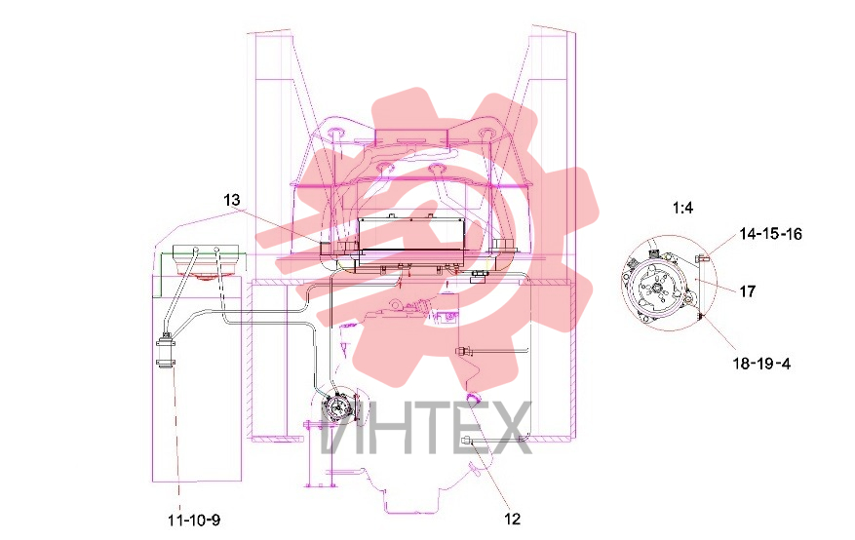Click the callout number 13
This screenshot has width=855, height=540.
232,200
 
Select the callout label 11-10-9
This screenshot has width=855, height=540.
194,521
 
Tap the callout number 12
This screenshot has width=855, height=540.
513,519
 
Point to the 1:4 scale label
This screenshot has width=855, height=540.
682,208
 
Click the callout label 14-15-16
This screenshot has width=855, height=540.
771,234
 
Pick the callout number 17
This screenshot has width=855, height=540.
748,291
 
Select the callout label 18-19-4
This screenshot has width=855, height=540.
761,363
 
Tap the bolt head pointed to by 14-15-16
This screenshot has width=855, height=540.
702,257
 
